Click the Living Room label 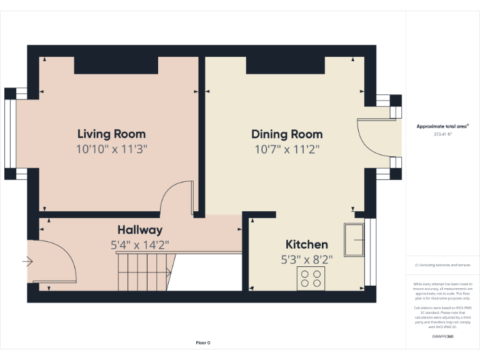pyautogui.click(x=111, y=134)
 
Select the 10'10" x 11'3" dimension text pyautogui.click(x=111, y=149)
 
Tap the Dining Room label pyautogui.click(x=287, y=134)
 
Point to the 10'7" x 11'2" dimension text pyautogui.click(x=287, y=149)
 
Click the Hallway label pyautogui.click(x=140, y=230)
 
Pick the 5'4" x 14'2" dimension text pyautogui.click(x=140, y=245)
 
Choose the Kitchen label pyautogui.click(x=306, y=244)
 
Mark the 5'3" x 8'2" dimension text pyautogui.click(x=306, y=259)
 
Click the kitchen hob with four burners pyautogui.click(x=311, y=278)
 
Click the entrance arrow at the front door pyautogui.click(x=27, y=261)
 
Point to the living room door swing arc pyautogui.click(x=176, y=196)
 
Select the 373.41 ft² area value pyautogui.click(x=442, y=134)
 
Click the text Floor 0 pyautogui.click(x=203, y=342)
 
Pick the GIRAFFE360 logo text pyautogui.click(x=442, y=337)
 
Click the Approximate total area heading pyautogui.click(x=442, y=126)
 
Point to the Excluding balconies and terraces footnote pyautogui.click(x=442, y=265)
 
